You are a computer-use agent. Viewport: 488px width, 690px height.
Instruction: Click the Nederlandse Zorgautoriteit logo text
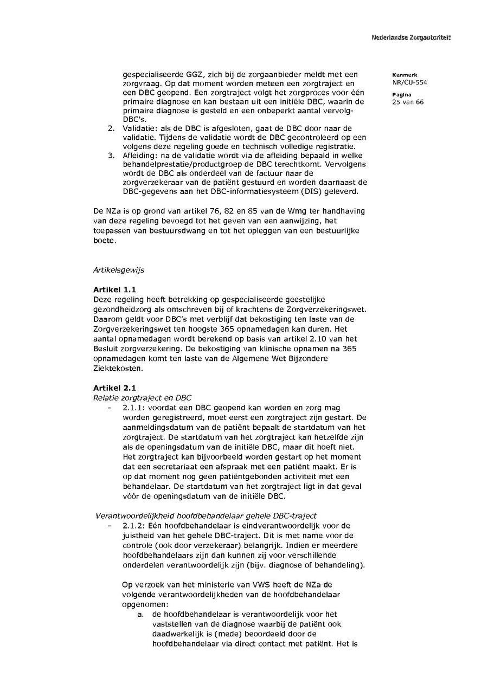tap(411, 37)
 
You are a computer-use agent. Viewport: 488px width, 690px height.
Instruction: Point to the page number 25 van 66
tap(408, 102)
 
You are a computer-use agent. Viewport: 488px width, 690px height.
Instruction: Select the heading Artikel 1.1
tap(114, 290)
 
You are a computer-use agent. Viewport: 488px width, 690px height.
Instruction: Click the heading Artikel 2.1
tap(114, 388)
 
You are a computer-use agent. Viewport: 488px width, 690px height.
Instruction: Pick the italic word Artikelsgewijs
tap(119, 270)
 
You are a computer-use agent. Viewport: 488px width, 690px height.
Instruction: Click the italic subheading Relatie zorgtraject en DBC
tap(142, 398)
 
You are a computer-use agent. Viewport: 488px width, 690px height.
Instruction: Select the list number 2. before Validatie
tap(111, 128)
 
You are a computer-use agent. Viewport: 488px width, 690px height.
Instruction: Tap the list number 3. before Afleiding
tap(111, 155)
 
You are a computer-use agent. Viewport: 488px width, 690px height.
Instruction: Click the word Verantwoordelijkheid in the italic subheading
tap(130, 515)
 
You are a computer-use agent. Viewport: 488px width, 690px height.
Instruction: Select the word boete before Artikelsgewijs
tap(104, 240)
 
